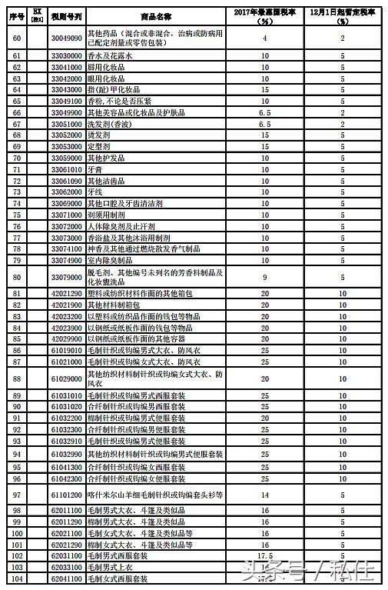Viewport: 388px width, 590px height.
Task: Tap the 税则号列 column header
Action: point(67,15)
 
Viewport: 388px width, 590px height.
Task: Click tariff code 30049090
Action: point(67,37)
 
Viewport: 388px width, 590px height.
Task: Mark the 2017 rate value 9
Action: point(264,276)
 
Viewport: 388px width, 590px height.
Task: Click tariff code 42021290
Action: point(67,294)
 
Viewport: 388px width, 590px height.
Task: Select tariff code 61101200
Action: point(67,496)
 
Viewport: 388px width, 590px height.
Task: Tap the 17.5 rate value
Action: point(264,555)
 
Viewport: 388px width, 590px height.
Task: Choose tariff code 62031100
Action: point(67,555)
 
